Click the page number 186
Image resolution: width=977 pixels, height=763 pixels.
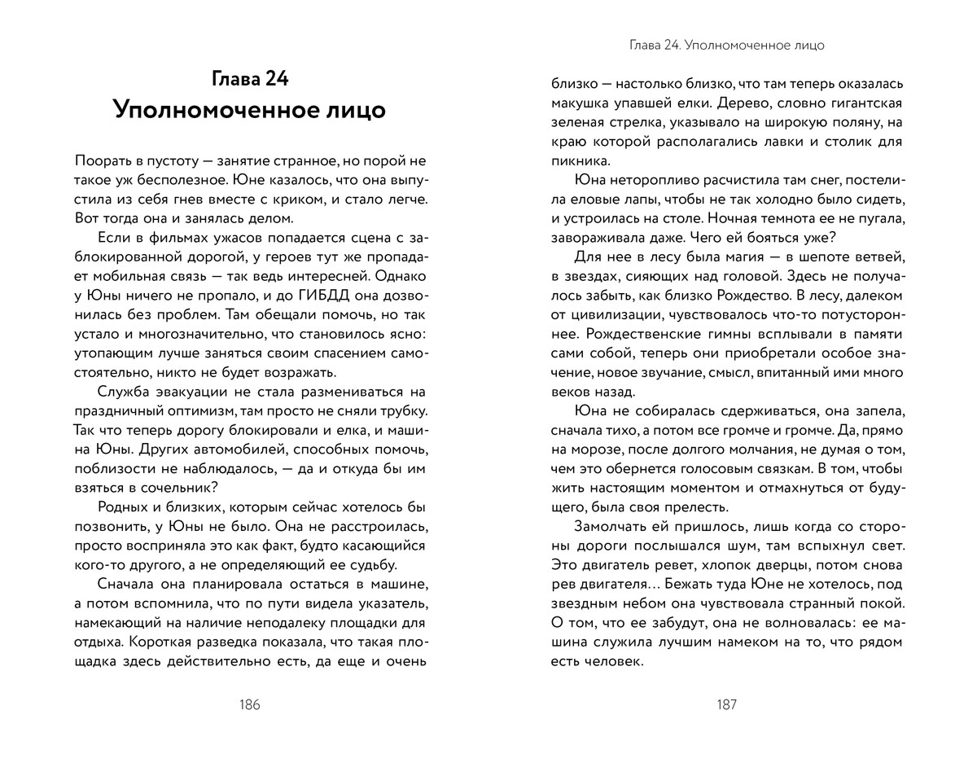tap(249, 705)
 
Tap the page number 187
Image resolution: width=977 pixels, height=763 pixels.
tap(726, 705)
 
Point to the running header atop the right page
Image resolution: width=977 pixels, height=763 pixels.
tap(726, 46)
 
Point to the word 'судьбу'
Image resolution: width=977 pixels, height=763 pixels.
tap(368, 564)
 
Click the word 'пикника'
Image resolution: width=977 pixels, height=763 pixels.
tap(579, 161)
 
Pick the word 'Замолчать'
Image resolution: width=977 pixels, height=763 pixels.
tap(611, 527)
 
